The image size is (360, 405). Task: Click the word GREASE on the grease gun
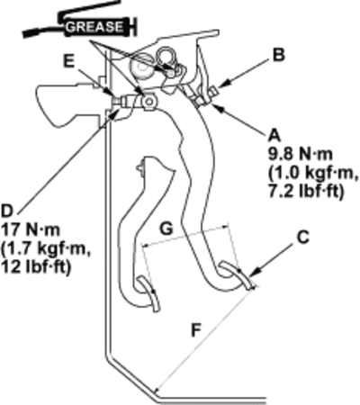click(94, 27)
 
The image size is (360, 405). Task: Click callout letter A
click(274, 136)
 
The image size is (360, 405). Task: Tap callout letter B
click(279, 55)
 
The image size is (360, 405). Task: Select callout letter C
click(303, 238)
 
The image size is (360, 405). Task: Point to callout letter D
click(7, 211)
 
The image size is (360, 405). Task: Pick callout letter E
click(69, 61)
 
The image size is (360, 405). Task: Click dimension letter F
click(196, 331)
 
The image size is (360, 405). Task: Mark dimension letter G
click(166, 229)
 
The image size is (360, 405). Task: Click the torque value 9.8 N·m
click(301, 155)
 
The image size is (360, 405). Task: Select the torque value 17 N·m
click(31, 230)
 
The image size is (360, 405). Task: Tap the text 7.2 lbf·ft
click(305, 192)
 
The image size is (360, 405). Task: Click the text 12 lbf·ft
click(37, 267)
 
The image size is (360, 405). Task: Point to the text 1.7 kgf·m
click(46, 249)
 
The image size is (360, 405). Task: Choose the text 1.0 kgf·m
click(313, 174)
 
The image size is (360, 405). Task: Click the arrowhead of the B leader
click(221, 85)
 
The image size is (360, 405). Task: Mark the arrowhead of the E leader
click(110, 93)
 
